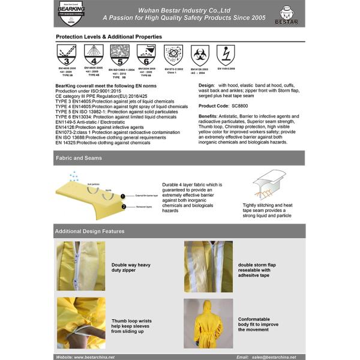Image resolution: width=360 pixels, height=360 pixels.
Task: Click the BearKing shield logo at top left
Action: point(71,14)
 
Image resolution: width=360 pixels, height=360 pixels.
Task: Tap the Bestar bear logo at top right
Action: point(289,14)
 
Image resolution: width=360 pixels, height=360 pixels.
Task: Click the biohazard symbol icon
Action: point(200,56)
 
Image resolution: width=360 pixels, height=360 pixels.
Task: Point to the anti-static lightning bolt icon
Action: point(226,55)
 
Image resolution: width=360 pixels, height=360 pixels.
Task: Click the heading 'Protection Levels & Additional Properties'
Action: point(109,37)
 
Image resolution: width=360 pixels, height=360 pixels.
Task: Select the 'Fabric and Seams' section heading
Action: point(79,158)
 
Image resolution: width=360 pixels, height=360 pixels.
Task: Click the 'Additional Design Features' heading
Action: point(90,231)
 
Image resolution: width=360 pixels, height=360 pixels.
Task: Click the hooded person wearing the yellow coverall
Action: point(208,323)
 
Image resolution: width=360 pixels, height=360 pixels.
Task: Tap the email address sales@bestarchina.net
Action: point(274,356)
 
